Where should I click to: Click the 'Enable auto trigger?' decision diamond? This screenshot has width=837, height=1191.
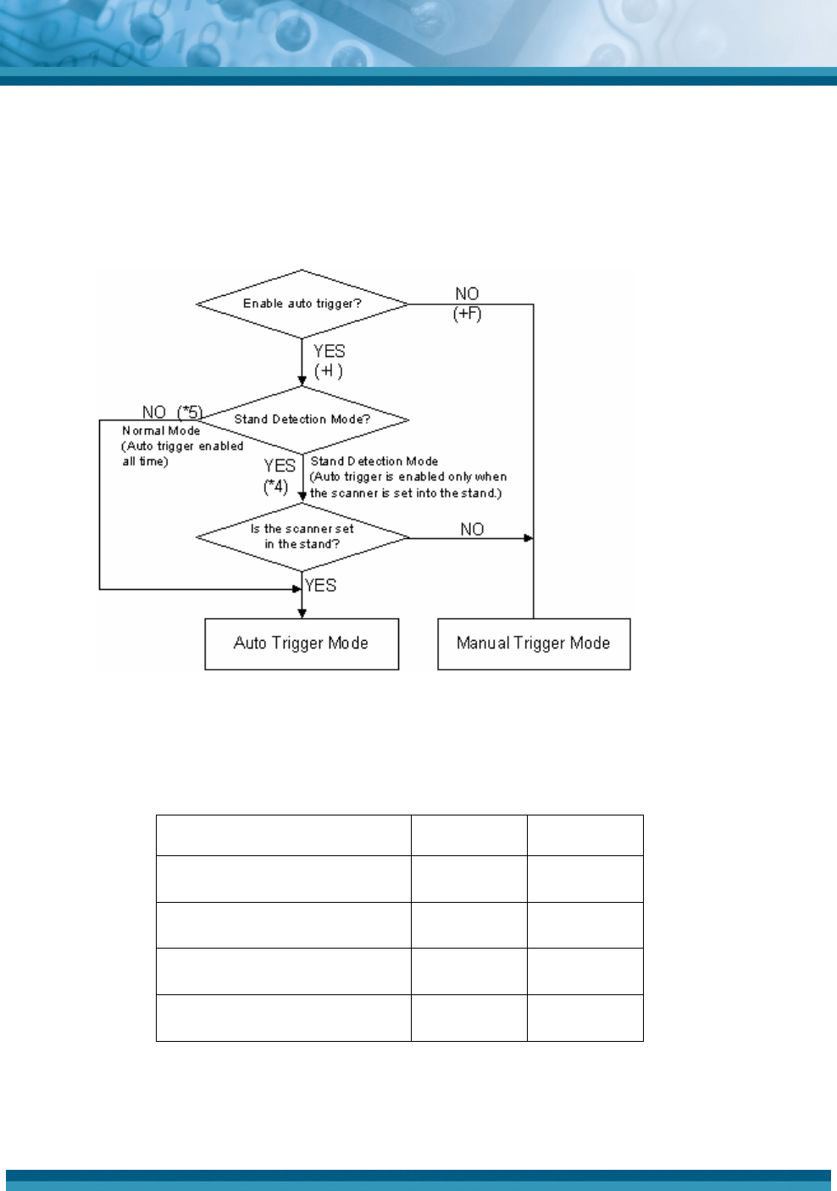(302, 303)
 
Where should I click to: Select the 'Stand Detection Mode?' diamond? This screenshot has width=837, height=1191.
(302, 419)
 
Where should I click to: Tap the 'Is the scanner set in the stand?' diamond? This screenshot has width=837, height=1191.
(302, 537)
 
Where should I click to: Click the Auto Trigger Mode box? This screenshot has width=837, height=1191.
(302, 643)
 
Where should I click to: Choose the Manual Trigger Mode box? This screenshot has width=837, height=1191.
(534, 643)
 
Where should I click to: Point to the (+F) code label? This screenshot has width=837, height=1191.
(467, 314)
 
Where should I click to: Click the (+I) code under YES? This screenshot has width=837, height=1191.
(329, 371)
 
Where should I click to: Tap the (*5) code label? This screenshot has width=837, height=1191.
(190, 413)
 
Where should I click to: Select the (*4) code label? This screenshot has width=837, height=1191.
(275, 487)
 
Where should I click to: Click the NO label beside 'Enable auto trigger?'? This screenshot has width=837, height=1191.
(467, 294)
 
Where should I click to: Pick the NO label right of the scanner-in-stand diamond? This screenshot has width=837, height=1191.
(472, 529)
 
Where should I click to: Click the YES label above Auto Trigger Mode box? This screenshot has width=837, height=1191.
(321, 586)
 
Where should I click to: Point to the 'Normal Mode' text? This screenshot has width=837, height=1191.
(161, 431)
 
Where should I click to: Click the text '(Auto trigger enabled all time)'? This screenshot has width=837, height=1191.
(181, 454)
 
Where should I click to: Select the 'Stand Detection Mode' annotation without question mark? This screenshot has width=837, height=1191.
(374, 461)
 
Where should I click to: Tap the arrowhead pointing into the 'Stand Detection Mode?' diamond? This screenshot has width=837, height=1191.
(302, 381)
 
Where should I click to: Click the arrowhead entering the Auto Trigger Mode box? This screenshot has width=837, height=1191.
(302, 613)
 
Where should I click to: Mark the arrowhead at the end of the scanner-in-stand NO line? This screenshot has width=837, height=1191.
(529, 538)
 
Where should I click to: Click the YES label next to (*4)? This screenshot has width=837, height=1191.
(280, 466)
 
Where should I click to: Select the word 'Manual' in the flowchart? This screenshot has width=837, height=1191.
(483, 643)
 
